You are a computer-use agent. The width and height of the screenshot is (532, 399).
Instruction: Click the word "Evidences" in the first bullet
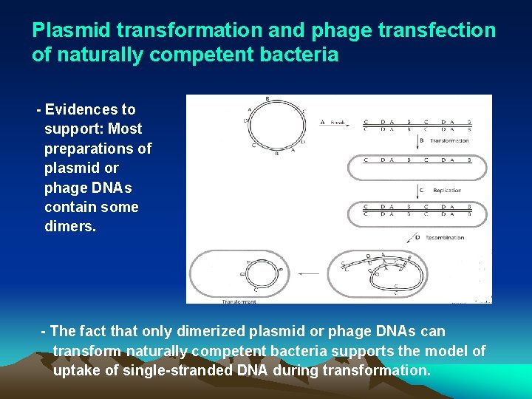tap(90, 109)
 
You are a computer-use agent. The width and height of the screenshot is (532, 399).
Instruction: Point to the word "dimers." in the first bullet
tap(70, 226)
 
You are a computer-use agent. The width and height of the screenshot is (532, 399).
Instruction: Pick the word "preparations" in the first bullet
tap(98, 149)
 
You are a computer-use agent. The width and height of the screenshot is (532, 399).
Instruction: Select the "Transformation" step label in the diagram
tap(449, 140)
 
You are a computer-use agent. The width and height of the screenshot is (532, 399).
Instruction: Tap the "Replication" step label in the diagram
tap(446, 190)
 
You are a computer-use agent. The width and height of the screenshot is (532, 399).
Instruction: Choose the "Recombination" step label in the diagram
tap(444, 237)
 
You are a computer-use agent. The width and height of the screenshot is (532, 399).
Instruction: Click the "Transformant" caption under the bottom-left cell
tap(239, 301)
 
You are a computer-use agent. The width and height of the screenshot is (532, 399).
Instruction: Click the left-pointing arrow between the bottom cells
tap(310, 273)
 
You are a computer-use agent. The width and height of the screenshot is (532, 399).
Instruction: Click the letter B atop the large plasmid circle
tap(266, 99)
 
